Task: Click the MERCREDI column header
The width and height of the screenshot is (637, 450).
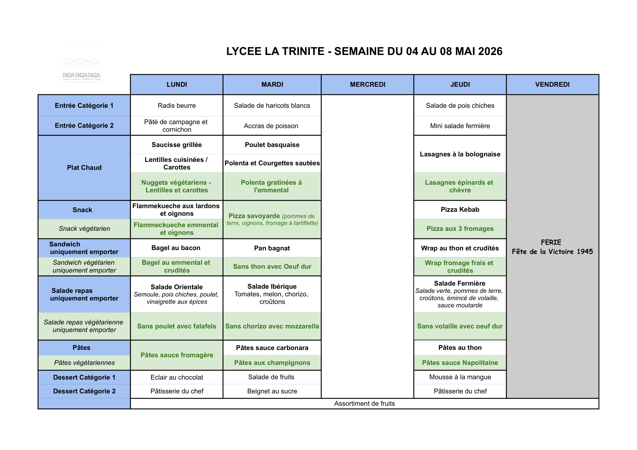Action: [x=367, y=84]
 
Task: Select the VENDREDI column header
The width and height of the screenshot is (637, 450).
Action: [x=552, y=84]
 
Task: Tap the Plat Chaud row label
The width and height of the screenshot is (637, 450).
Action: [x=84, y=168]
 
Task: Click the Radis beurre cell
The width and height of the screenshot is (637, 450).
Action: [x=176, y=105]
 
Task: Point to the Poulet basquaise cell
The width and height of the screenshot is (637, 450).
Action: [x=272, y=145]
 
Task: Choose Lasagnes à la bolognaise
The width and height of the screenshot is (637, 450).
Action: [x=460, y=154]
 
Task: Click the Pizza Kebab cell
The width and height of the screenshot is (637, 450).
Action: [x=460, y=209]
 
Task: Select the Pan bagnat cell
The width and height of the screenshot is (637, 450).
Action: [x=272, y=248]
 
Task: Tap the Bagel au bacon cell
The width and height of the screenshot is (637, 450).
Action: [x=176, y=248]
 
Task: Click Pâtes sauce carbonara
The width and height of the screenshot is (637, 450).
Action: [x=272, y=348]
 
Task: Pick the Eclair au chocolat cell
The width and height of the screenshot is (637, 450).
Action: [x=176, y=377]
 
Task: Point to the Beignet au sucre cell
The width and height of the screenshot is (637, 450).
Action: [x=272, y=391]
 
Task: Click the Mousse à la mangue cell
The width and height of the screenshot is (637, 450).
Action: [x=460, y=377]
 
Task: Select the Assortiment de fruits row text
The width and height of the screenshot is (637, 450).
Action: [x=364, y=403]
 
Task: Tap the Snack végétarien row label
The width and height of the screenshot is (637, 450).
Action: [x=84, y=229]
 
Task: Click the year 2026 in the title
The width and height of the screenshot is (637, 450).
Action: [x=490, y=51]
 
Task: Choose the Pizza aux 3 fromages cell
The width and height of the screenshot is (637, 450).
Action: [x=460, y=229]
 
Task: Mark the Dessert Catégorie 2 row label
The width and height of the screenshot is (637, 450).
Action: [x=84, y=391]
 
